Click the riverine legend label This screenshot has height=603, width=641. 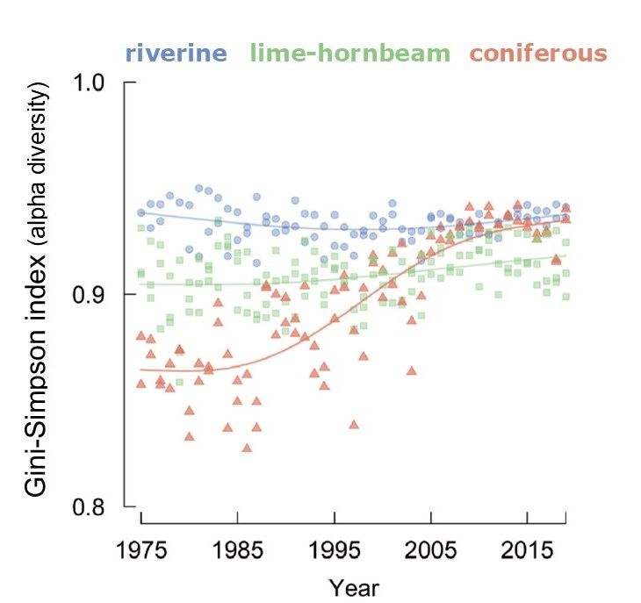176,54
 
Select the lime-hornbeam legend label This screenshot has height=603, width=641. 349,54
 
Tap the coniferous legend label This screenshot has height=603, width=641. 538,54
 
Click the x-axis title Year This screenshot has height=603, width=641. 354,585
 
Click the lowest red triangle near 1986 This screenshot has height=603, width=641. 248,448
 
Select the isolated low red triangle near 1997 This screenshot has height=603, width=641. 354,424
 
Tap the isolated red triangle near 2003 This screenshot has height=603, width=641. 411,370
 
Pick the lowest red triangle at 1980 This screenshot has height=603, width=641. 190,436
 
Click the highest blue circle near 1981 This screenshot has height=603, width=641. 199,188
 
